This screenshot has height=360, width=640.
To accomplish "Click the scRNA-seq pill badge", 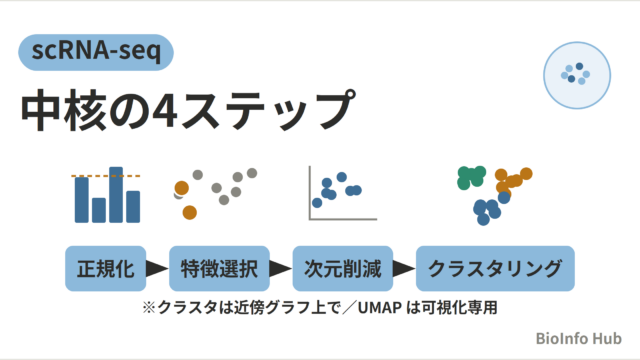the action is coord(96,52).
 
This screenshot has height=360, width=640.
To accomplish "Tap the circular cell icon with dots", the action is coord(577,75).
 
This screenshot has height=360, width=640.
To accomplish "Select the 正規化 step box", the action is coord(106,269).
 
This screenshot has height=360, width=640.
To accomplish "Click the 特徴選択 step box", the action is coord(219,269).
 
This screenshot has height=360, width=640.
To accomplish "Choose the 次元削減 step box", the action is coord(343,269).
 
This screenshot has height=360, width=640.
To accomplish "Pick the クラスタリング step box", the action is coord(495,269).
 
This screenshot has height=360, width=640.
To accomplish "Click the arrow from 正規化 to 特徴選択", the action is coord(157,269).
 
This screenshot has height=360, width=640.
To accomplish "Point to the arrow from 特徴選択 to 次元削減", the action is coord(281,269).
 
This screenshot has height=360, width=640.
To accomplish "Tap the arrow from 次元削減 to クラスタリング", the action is coord(404,269).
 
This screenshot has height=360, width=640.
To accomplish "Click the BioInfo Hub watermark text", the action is coord(578,338).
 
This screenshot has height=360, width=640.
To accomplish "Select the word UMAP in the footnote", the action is coord(380,308).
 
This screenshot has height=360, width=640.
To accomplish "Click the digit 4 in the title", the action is coord(164,110).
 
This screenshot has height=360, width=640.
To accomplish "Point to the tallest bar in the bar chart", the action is coord(116,195).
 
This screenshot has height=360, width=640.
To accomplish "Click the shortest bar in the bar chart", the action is coord(99,210).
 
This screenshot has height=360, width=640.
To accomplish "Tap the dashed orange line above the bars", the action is coord(106,176).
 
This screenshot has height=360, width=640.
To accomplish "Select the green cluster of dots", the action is coord(471,178).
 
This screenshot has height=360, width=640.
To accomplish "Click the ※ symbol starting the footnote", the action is coord(149,308).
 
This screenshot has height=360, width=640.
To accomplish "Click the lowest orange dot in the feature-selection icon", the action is coord(189,212).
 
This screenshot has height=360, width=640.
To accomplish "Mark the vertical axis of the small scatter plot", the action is coord(310,193).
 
